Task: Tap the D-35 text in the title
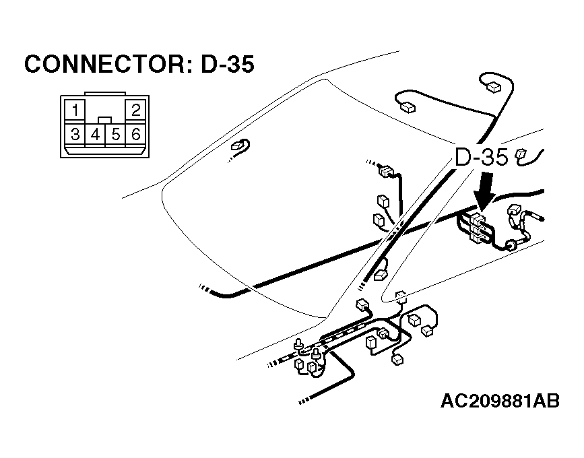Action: [x=228, y=65]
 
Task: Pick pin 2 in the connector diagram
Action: [x=136, y=110]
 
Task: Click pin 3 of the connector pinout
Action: [x=75, y=134]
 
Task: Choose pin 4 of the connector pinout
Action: [x=96, y=134]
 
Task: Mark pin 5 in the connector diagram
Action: [x=116, y=134]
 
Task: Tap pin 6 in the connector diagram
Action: [x=136, y=134]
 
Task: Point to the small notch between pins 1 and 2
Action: [x=106, y=119]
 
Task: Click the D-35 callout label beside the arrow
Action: [x=481, y=158]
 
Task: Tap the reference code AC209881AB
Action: [x=500, y=402]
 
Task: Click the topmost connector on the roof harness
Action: [x=492, y=85]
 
